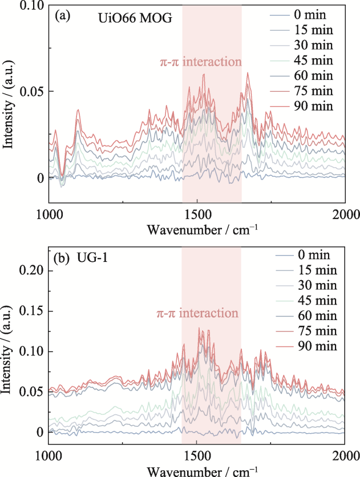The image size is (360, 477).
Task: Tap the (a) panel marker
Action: [62, 17]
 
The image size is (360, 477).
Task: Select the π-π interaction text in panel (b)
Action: [197, 314]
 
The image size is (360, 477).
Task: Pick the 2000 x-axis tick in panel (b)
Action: [345, 454]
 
